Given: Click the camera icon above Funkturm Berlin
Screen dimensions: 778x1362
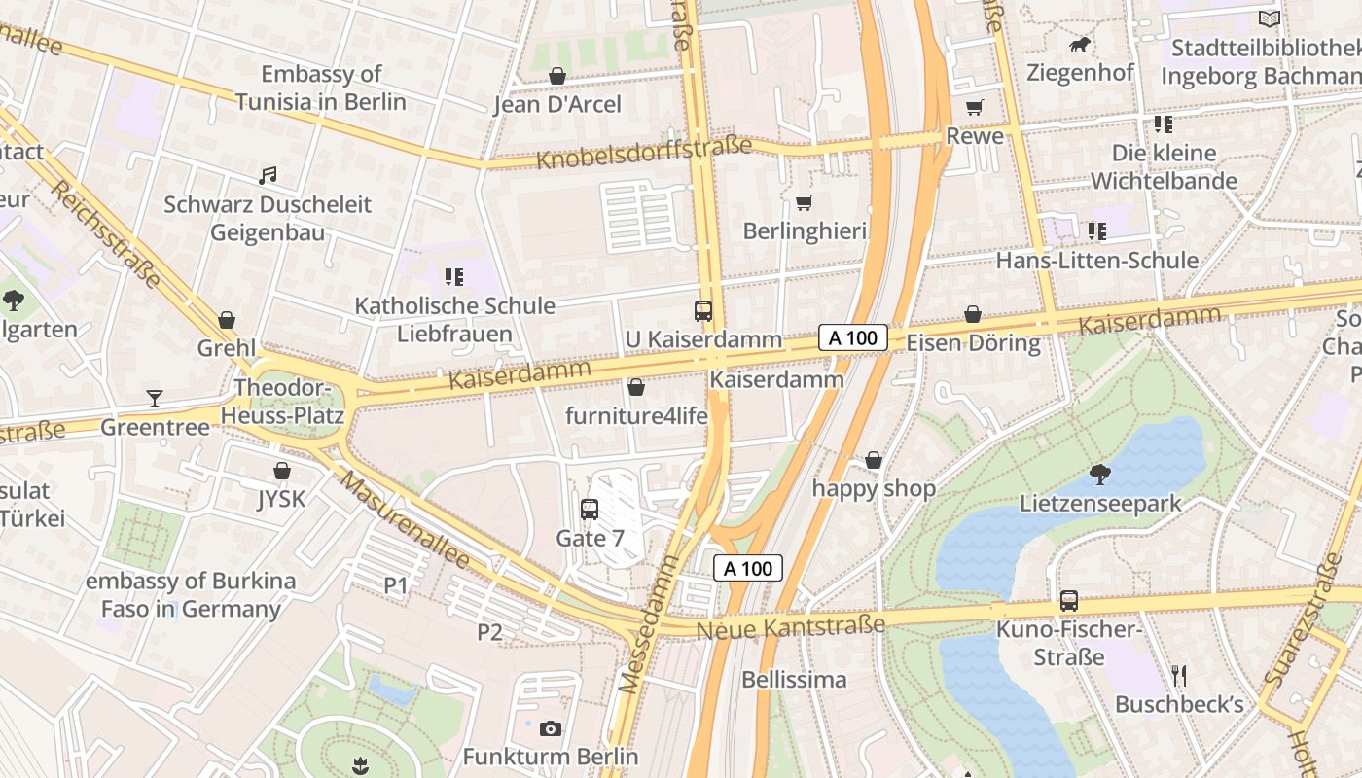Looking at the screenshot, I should click(x=550, y=728).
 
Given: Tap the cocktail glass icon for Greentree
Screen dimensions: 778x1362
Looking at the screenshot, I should click(x=155, y=399).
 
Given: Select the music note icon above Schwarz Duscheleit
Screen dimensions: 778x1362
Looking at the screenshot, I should click(x=268, y=176).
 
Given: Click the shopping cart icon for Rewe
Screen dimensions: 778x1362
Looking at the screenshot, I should click(x=974, y=108).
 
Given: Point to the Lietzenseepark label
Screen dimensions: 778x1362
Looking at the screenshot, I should click(x=1100, y=503).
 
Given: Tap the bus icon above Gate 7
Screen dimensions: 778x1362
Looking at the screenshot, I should click(x=589, y=510).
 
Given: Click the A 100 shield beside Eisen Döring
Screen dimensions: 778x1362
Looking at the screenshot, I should click(x=853, y=337).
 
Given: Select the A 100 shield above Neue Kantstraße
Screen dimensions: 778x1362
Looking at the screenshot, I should click(x=748, y=568).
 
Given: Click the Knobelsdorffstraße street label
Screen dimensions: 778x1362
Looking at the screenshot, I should click(x=644, y=152).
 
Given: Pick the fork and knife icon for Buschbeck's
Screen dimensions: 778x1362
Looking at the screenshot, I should click(x=1179, y=676).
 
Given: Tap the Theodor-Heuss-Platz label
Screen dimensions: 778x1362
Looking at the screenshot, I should click(x=282, y=402).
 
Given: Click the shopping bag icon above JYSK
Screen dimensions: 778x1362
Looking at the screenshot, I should click(x=282, y=472).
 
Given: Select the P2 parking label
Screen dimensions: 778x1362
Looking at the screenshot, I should click(x=489, y=632).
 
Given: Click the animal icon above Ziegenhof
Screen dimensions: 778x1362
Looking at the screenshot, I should click(x=1080, y=45).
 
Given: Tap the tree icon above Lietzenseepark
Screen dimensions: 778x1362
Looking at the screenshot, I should click(x=1100, y=475).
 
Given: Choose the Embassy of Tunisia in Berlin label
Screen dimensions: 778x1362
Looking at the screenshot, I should click(x=320, y=88).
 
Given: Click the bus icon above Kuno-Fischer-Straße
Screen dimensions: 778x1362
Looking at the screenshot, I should click(x=1069, y=601).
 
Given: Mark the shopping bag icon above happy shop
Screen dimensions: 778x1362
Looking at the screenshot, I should click(x=874, y=460).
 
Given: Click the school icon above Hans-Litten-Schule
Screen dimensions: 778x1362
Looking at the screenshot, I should click(x=1096, y=231).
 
